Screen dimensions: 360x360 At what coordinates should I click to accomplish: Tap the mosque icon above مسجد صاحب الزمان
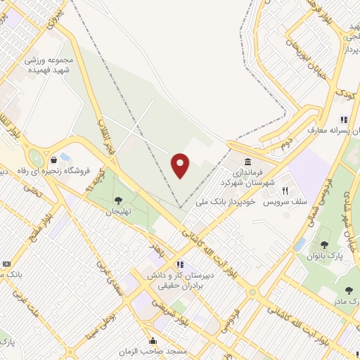pos(153,341)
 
